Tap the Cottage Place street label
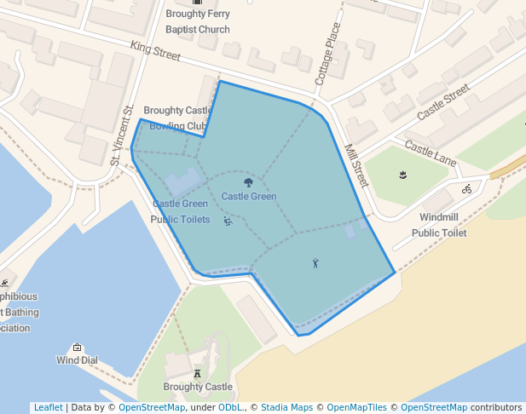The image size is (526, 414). pyautogui.click(x=327, y=53)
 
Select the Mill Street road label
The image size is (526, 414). pyautogui.click(x=355, y=164)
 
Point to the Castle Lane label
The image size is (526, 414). pyautogui.click(x=431, y=153)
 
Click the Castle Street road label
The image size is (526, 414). pyautogui.click(x=442, y=102)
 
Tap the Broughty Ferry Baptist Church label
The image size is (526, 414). pyautogui.click(x=198, y=22)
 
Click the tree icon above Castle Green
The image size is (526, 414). pyautogui.click(x=248, y=182)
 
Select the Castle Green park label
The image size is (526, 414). pyautogui.click(x=249, y=197)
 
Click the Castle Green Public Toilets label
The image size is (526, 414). pyautogui.click(x=180, y=211)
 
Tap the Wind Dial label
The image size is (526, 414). pyautogui.click(x=77, y=360)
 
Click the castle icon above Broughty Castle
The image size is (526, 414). pyautogui.click(x=197, y=372)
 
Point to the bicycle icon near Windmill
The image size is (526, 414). pyautogui.click(x=466, y=189)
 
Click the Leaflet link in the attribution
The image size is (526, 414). pyautogui.click(x=48, y=407)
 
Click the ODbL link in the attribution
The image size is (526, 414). pyautogui.click(x=230, y=407)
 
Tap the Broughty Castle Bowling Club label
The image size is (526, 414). pyautogui.click(x=177, y=118)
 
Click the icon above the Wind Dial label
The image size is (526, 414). pyautogui.click(x=77, y=347)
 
